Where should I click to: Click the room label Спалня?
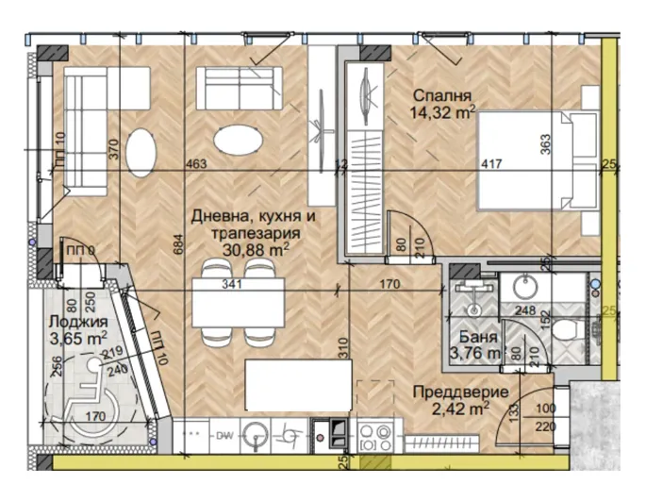442,95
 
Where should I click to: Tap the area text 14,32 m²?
442,112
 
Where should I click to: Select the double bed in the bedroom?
534,159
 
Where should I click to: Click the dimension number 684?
177,247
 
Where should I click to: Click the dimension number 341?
232,282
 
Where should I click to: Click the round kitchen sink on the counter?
256,435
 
